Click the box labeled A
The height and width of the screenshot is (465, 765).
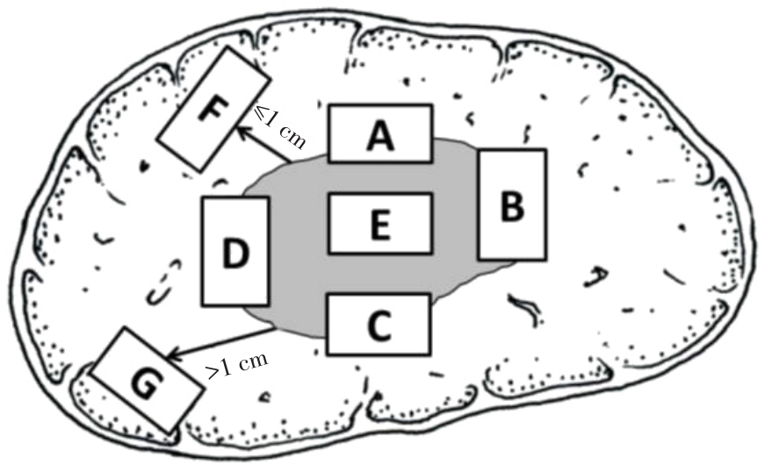pyautogui.click(x=380, y=133)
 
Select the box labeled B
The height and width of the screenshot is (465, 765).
pyautogui.click(x=512, y=204)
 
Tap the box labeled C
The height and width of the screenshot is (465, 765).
pyautogui.click(x=379, y=324)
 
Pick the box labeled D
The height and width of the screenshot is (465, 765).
pyautogui.click(x=235, y=252)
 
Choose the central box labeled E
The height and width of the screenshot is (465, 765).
pyautogui.click(x=380, y=224)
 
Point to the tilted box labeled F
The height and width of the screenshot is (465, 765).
pyautogui.click(x=213, y=109)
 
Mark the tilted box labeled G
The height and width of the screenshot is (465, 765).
pyautogui.click(x=146, y=380)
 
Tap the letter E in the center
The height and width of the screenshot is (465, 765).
pyautogui.click(x=380, y=225)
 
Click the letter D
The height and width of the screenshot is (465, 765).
pyautogui.click(x=235, y=253)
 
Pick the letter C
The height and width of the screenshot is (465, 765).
pyautogui.click(x=379, y=325)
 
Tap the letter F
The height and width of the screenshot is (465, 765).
pyautogui.click(x=213, y=109)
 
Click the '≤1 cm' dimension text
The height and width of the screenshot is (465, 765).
pyautogui.click(x=280, y=126)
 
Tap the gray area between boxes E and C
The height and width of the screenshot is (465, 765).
pyautogui.click(x=379, y=274)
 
